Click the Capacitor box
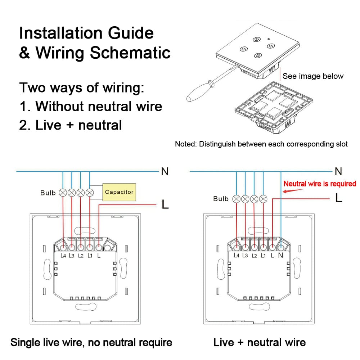[x=119, y=192]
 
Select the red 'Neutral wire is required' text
[x=320, y=184]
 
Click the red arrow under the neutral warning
[x=288, y=191]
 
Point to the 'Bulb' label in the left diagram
[x=48, y=193]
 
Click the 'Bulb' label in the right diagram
[x=221, y=199]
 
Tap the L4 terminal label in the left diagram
[x=63, y=256]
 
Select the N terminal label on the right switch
[x=281, y=256]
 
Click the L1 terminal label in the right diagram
[x=264, y=256]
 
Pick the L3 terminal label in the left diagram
[x=72, y=256]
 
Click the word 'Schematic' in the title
[x=130, y=53]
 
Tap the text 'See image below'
[x=313, y=76]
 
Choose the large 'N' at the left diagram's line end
[x=165, y=171]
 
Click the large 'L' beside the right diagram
[x=338, y=198]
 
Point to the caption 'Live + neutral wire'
[x=260, y=342]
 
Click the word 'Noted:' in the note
[x=186, y=144]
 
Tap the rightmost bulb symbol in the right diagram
[x=263, y=198]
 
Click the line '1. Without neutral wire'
[x=91, y=106]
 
